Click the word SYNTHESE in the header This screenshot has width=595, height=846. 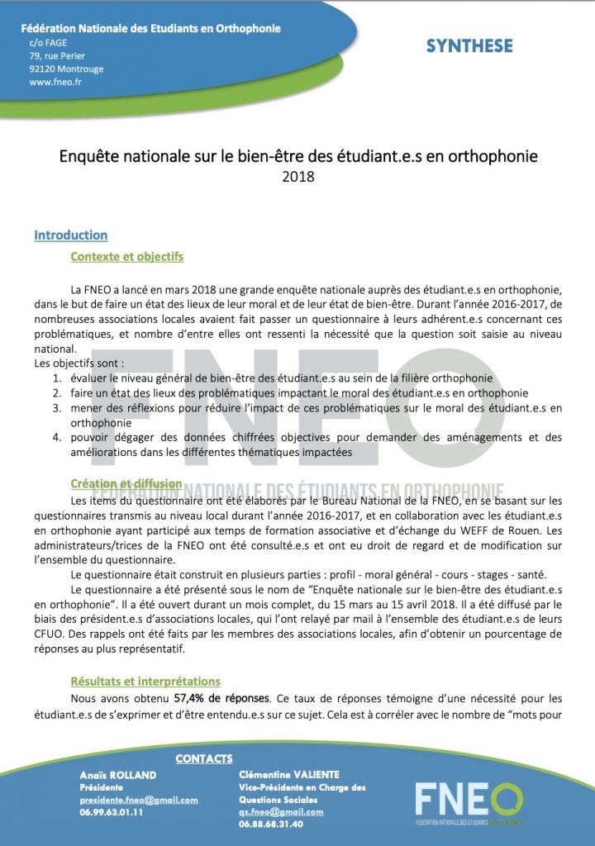(x=469, y=46)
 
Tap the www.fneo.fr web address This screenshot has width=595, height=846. (x=55, y=82)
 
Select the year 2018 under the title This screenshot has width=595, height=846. (x=298, y=176)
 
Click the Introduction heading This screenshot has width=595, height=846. (x=70, y=235)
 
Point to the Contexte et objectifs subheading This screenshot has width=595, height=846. (x=127, y=257)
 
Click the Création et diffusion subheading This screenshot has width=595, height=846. (x=126, y=483)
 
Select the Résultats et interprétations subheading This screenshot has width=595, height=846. (x=145, y=682)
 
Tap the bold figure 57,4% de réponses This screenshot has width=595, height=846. (x=222, y=698)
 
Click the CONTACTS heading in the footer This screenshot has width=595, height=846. (x=205, y=758)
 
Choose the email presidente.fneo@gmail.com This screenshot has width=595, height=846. (x=139, y=800)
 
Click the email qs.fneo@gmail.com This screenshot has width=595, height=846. (x=281, y=812)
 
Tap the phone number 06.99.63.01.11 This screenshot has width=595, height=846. (x=112, y=812)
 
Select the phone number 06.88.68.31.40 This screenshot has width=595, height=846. (x=270, y=824)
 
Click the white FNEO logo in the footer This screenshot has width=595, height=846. (x=468, y=800)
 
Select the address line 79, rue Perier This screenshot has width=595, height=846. (x=57, y=55)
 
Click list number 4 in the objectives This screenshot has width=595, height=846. (x=57, y=439)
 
